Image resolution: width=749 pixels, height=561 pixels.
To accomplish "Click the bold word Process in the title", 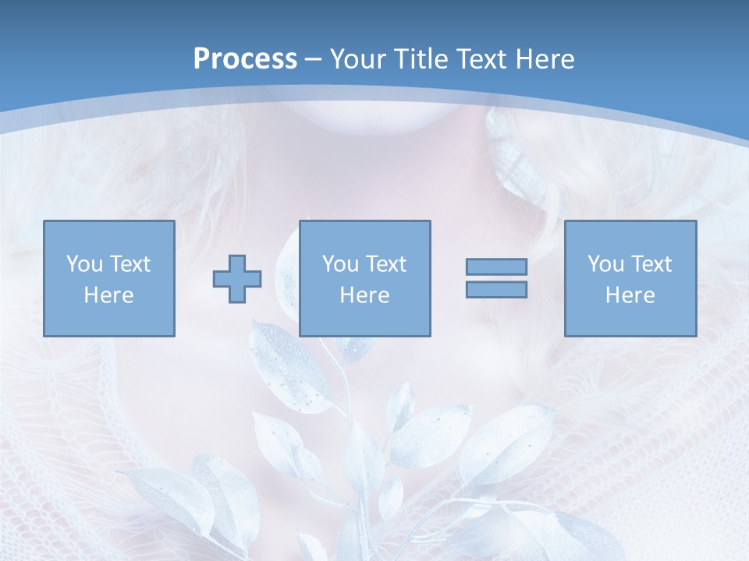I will [x=245, y=59].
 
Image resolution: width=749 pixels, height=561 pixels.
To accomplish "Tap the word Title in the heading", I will [x=419, y=59].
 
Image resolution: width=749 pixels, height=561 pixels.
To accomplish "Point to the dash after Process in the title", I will [x=314, y=60].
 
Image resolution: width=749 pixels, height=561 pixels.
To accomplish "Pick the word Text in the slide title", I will [x=479, y=59].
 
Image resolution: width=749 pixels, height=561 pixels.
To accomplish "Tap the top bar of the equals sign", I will [x=496, y=266].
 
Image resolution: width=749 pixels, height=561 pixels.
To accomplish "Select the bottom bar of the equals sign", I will [x=496, y=290].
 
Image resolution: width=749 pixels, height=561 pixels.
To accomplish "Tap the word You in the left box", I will [x=84, y=264].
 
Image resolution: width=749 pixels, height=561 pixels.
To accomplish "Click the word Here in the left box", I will [x=108, y=295].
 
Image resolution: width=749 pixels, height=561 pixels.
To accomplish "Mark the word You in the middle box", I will [x=340, y=264].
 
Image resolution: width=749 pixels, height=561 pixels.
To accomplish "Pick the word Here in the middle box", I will [x=364, y=295].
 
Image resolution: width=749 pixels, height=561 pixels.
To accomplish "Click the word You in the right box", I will [x=605, y=264].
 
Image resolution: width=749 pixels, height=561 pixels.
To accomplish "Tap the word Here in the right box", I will [x=630, y=295].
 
